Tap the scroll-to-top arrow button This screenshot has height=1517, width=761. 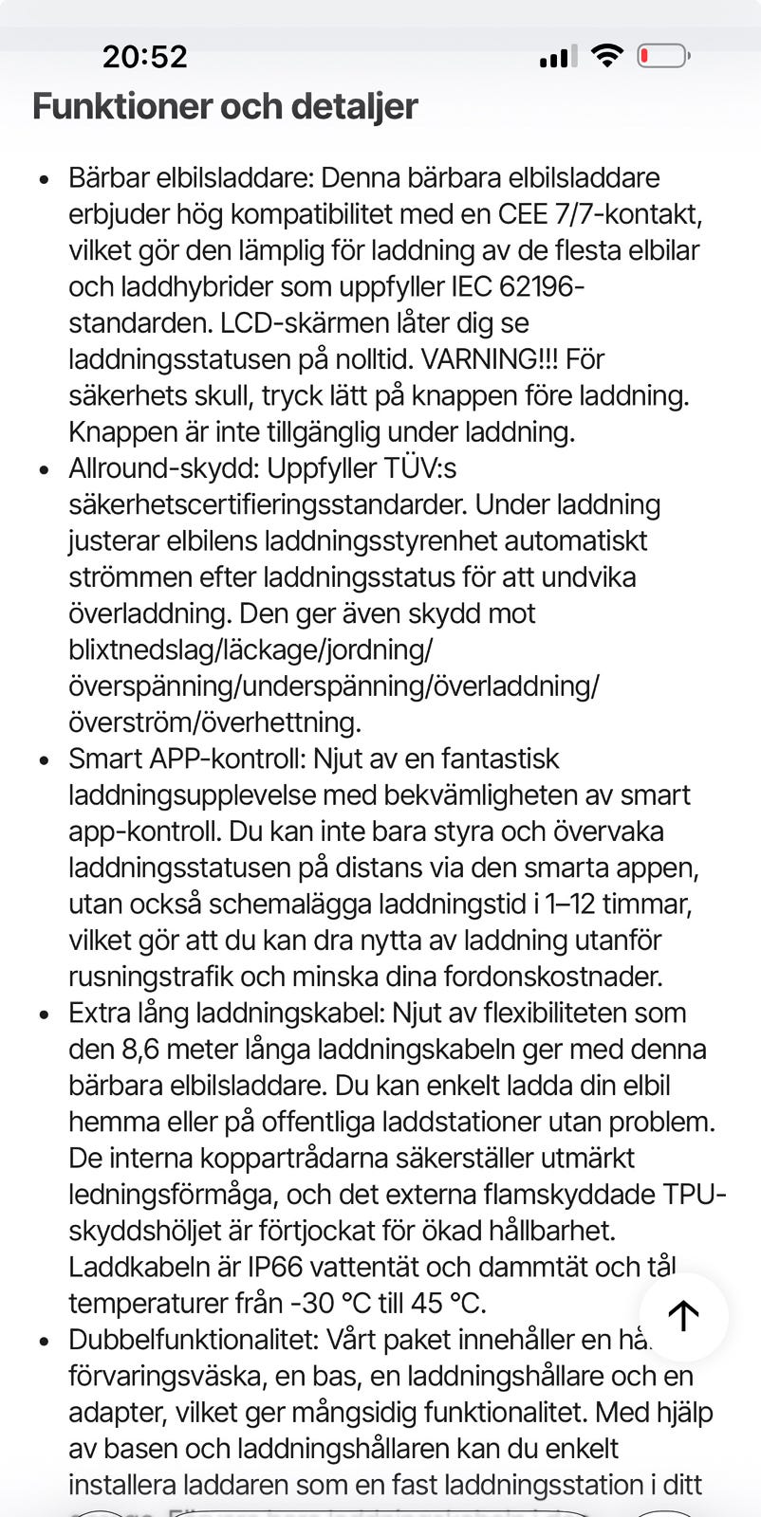point(683,1315)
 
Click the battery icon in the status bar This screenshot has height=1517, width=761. point(663,57)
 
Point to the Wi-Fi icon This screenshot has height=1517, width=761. point(606,56)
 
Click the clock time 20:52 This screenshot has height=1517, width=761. point(145,57)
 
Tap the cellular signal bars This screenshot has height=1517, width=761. point(558,58)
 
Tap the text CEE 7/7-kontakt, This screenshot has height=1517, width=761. point(601,214)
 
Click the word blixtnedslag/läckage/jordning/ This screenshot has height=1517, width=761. point(251,649)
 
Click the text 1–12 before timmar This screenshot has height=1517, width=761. point(569,904)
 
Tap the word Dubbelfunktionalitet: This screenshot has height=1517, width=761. point(194,1340)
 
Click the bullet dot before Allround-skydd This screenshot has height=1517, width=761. point(44,470)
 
